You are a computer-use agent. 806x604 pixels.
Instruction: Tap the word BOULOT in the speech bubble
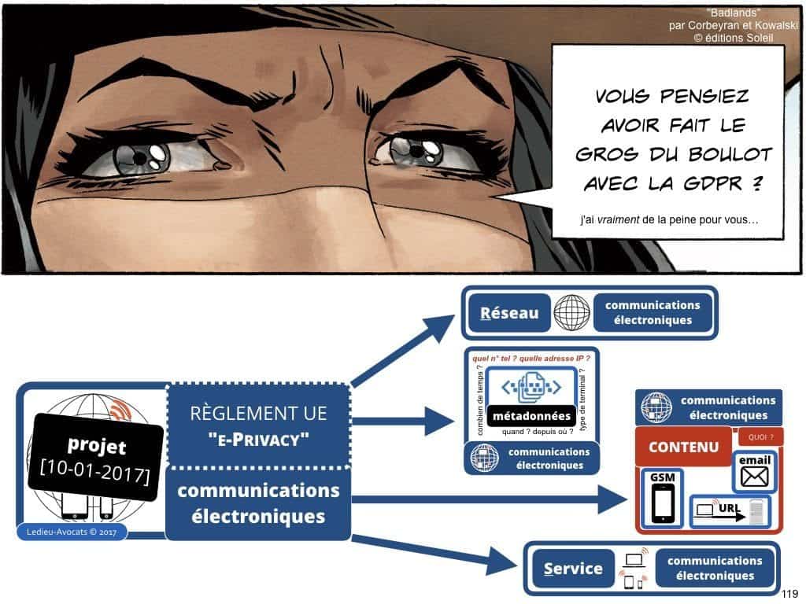coord(709,153)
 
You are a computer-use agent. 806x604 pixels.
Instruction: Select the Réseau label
coord(509,313)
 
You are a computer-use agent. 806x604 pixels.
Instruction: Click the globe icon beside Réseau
coord(571,313)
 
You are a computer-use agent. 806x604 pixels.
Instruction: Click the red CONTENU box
coord(683,447)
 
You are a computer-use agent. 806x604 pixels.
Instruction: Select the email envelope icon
coord(754,476)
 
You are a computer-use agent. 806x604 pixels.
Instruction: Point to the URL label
coord(731,510)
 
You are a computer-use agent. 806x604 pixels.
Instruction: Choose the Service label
coord(572,569)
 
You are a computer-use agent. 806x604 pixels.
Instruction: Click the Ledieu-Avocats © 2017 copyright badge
coord(70,535)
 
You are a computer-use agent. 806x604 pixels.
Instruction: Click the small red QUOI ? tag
coord(760,437)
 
